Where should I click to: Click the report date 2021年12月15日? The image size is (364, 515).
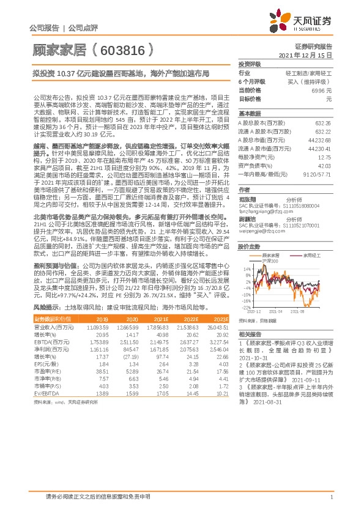(x=305, y=55)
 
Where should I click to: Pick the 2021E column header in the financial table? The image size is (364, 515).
(x=161, y=319)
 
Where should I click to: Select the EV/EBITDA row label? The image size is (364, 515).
(x=47, y=393)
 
